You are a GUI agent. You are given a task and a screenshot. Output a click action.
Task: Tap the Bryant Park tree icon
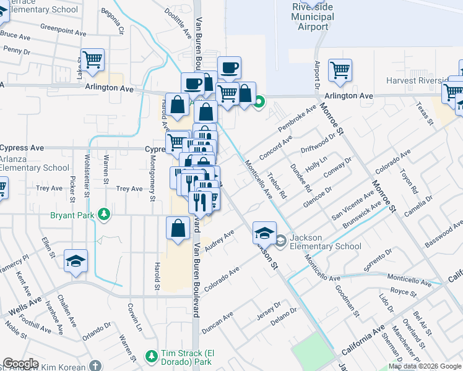[x=105, y=215]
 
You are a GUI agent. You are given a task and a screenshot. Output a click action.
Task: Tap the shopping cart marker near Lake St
[x=93, y=61]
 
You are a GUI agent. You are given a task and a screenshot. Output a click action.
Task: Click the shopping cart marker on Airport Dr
[x=340, y=70]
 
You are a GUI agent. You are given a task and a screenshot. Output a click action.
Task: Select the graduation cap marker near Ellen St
[x=76, y=262]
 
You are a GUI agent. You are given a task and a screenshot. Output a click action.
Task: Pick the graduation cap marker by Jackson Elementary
[x=264, y=233]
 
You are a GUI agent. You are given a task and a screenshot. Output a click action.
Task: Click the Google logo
[x=20, y=364]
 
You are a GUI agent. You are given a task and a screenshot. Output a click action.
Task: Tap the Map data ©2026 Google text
[x=425, y=366]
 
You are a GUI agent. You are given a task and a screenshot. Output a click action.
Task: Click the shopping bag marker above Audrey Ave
[x=178, y=228]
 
